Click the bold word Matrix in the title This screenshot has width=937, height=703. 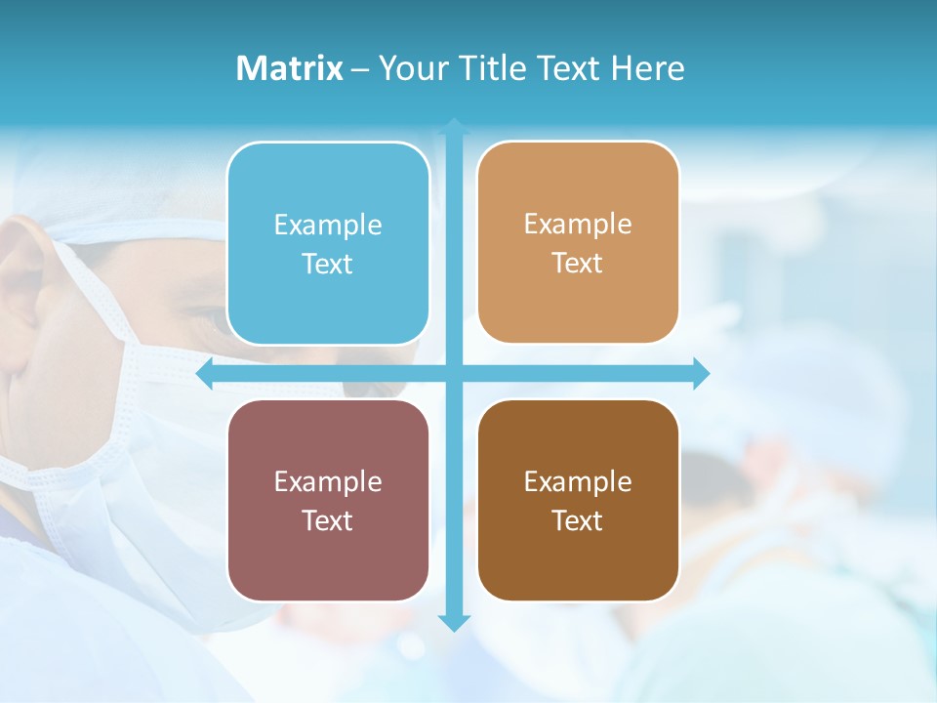click(x=290, y=68)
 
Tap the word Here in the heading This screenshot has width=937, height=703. click(x=648, y=68)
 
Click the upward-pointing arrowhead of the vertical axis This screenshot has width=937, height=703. click(x=454, y=126)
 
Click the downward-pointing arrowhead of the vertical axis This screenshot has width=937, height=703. click(x=454, y=623)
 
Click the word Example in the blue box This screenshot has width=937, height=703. click(x=328, y=226)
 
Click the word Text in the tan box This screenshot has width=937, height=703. click(x=578, y=264)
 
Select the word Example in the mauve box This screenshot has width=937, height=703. click(x=328, y=482)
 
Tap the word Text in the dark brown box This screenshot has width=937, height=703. click(x=578, y=520)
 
